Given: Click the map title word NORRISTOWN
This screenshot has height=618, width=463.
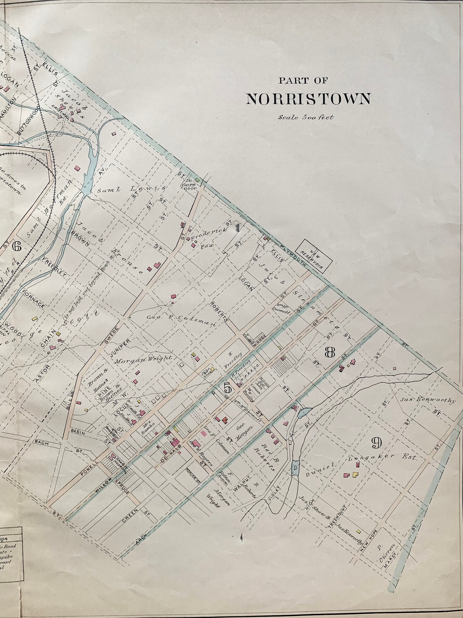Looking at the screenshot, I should [x=308, y=99].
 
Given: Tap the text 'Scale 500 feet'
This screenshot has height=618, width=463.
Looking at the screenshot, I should [x=306, y=118].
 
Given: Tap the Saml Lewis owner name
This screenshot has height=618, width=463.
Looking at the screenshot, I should [x=131, y=190].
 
